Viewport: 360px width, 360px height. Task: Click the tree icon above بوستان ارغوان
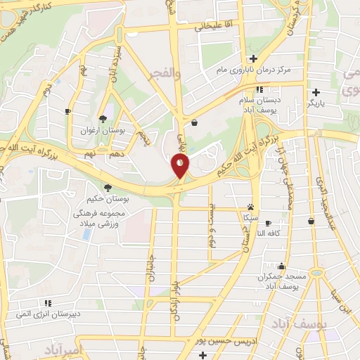pos(103,119)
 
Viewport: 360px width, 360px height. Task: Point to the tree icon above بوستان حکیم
pos(107,188)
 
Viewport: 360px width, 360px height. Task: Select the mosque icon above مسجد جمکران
pos(281,266)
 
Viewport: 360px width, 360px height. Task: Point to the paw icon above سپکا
pos(250,207)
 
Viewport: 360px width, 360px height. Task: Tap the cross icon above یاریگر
pos(316,92)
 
